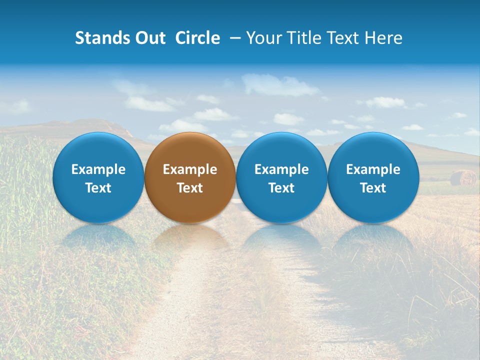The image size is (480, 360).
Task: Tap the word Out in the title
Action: coord(149,38)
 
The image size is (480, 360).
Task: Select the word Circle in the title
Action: coord(197,38)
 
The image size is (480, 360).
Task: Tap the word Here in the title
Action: coord(384,38)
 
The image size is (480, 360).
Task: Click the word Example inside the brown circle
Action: coord(190,169)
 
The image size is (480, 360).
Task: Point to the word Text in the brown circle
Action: coord(190,188)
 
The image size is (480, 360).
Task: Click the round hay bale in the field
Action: coord(462,177)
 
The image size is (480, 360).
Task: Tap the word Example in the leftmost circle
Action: coord(98,169)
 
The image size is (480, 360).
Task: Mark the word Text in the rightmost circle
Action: coord(373,188)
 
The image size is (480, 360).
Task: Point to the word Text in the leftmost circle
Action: coord(98,188)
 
